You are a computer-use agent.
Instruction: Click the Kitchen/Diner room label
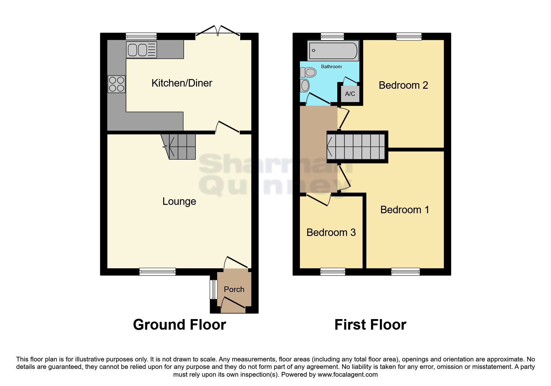pos(182,83)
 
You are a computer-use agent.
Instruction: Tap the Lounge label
pos(179,201)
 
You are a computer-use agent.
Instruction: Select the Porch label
pos(234,289)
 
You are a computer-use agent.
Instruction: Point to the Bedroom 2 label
pos(403,85)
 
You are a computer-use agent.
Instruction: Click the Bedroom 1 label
pos(404,210)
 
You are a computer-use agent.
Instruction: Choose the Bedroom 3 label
pos(331,233)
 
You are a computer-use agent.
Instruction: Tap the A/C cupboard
pos(350,94)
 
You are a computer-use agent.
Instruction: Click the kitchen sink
pos(141,50)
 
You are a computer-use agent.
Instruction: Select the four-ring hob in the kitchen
pos(116,84)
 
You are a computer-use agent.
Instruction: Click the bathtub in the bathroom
pos(333,50)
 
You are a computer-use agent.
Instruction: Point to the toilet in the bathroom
pos(308,73)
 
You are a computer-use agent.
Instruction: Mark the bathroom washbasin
pos(305,86)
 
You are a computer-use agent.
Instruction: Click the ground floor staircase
pos(178,147)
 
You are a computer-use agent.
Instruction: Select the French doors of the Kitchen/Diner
pos(218,31)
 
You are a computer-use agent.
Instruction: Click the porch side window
pos(213,289)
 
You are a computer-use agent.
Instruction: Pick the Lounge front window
pos(157,272)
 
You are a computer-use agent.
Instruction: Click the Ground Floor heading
pos(180,325)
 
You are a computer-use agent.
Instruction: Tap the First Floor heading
pos(370,325)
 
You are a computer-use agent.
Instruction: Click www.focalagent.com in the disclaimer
pos(348,374)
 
